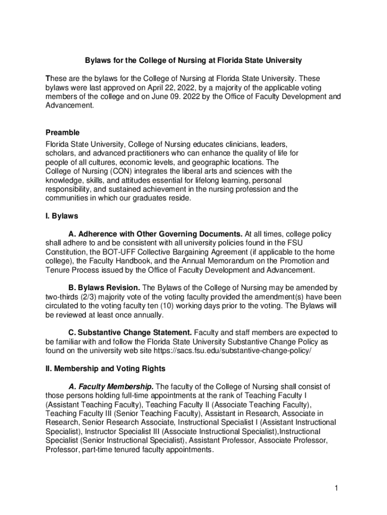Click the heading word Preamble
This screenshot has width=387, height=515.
point(62,132)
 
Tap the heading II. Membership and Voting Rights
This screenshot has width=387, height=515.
point(105,369)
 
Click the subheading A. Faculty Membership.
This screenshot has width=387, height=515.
point(111,387)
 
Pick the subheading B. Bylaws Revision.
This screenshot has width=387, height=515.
point(104,288)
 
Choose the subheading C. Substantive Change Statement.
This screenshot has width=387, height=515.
point(130,332)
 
